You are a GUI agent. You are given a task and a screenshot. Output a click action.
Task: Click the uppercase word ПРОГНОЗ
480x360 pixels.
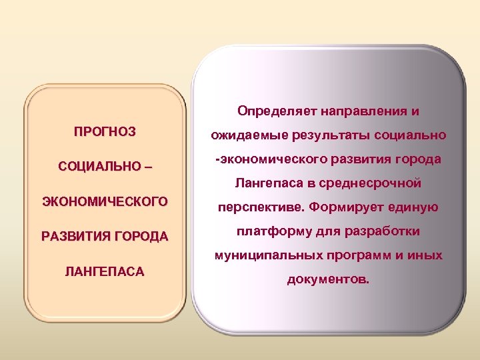pos(105,132)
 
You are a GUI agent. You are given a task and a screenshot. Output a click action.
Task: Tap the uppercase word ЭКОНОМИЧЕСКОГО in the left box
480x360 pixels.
pos(105,201)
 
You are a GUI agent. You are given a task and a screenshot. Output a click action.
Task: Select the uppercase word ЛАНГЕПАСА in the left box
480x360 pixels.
pos(105,271)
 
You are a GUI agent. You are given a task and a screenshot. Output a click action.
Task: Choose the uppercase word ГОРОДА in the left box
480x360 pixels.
pos(144,236)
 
